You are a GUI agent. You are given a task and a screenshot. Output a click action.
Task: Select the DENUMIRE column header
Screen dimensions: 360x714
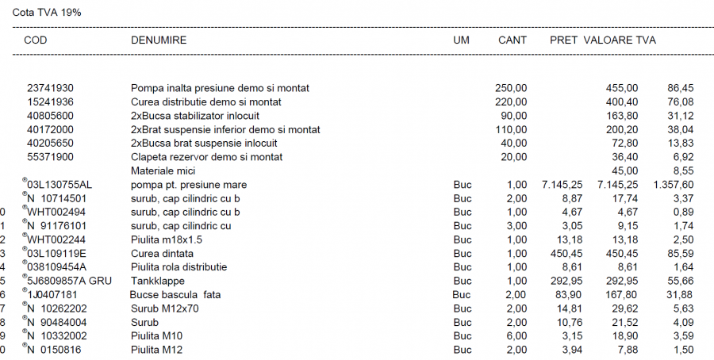(x=159, y=40)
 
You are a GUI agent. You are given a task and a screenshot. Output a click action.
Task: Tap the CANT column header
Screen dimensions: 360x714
(x=512, y=40)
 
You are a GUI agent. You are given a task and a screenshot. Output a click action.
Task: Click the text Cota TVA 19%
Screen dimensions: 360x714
(x=47, y=13)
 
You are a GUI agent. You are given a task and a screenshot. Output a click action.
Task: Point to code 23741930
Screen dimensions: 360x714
(x=51, y=88)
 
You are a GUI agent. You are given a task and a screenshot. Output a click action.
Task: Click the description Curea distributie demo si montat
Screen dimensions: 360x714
(x=206, y=102)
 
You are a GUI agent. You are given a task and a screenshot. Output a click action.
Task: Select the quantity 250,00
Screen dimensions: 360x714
(x=511, y=88)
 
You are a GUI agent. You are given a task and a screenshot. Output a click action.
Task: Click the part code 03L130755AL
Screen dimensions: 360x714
(x=59, y=185)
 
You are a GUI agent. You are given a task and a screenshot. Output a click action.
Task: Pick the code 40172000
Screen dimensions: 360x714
(x=51, y=129)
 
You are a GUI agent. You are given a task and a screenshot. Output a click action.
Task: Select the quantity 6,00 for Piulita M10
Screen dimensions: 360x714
(x=516, y=336)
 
